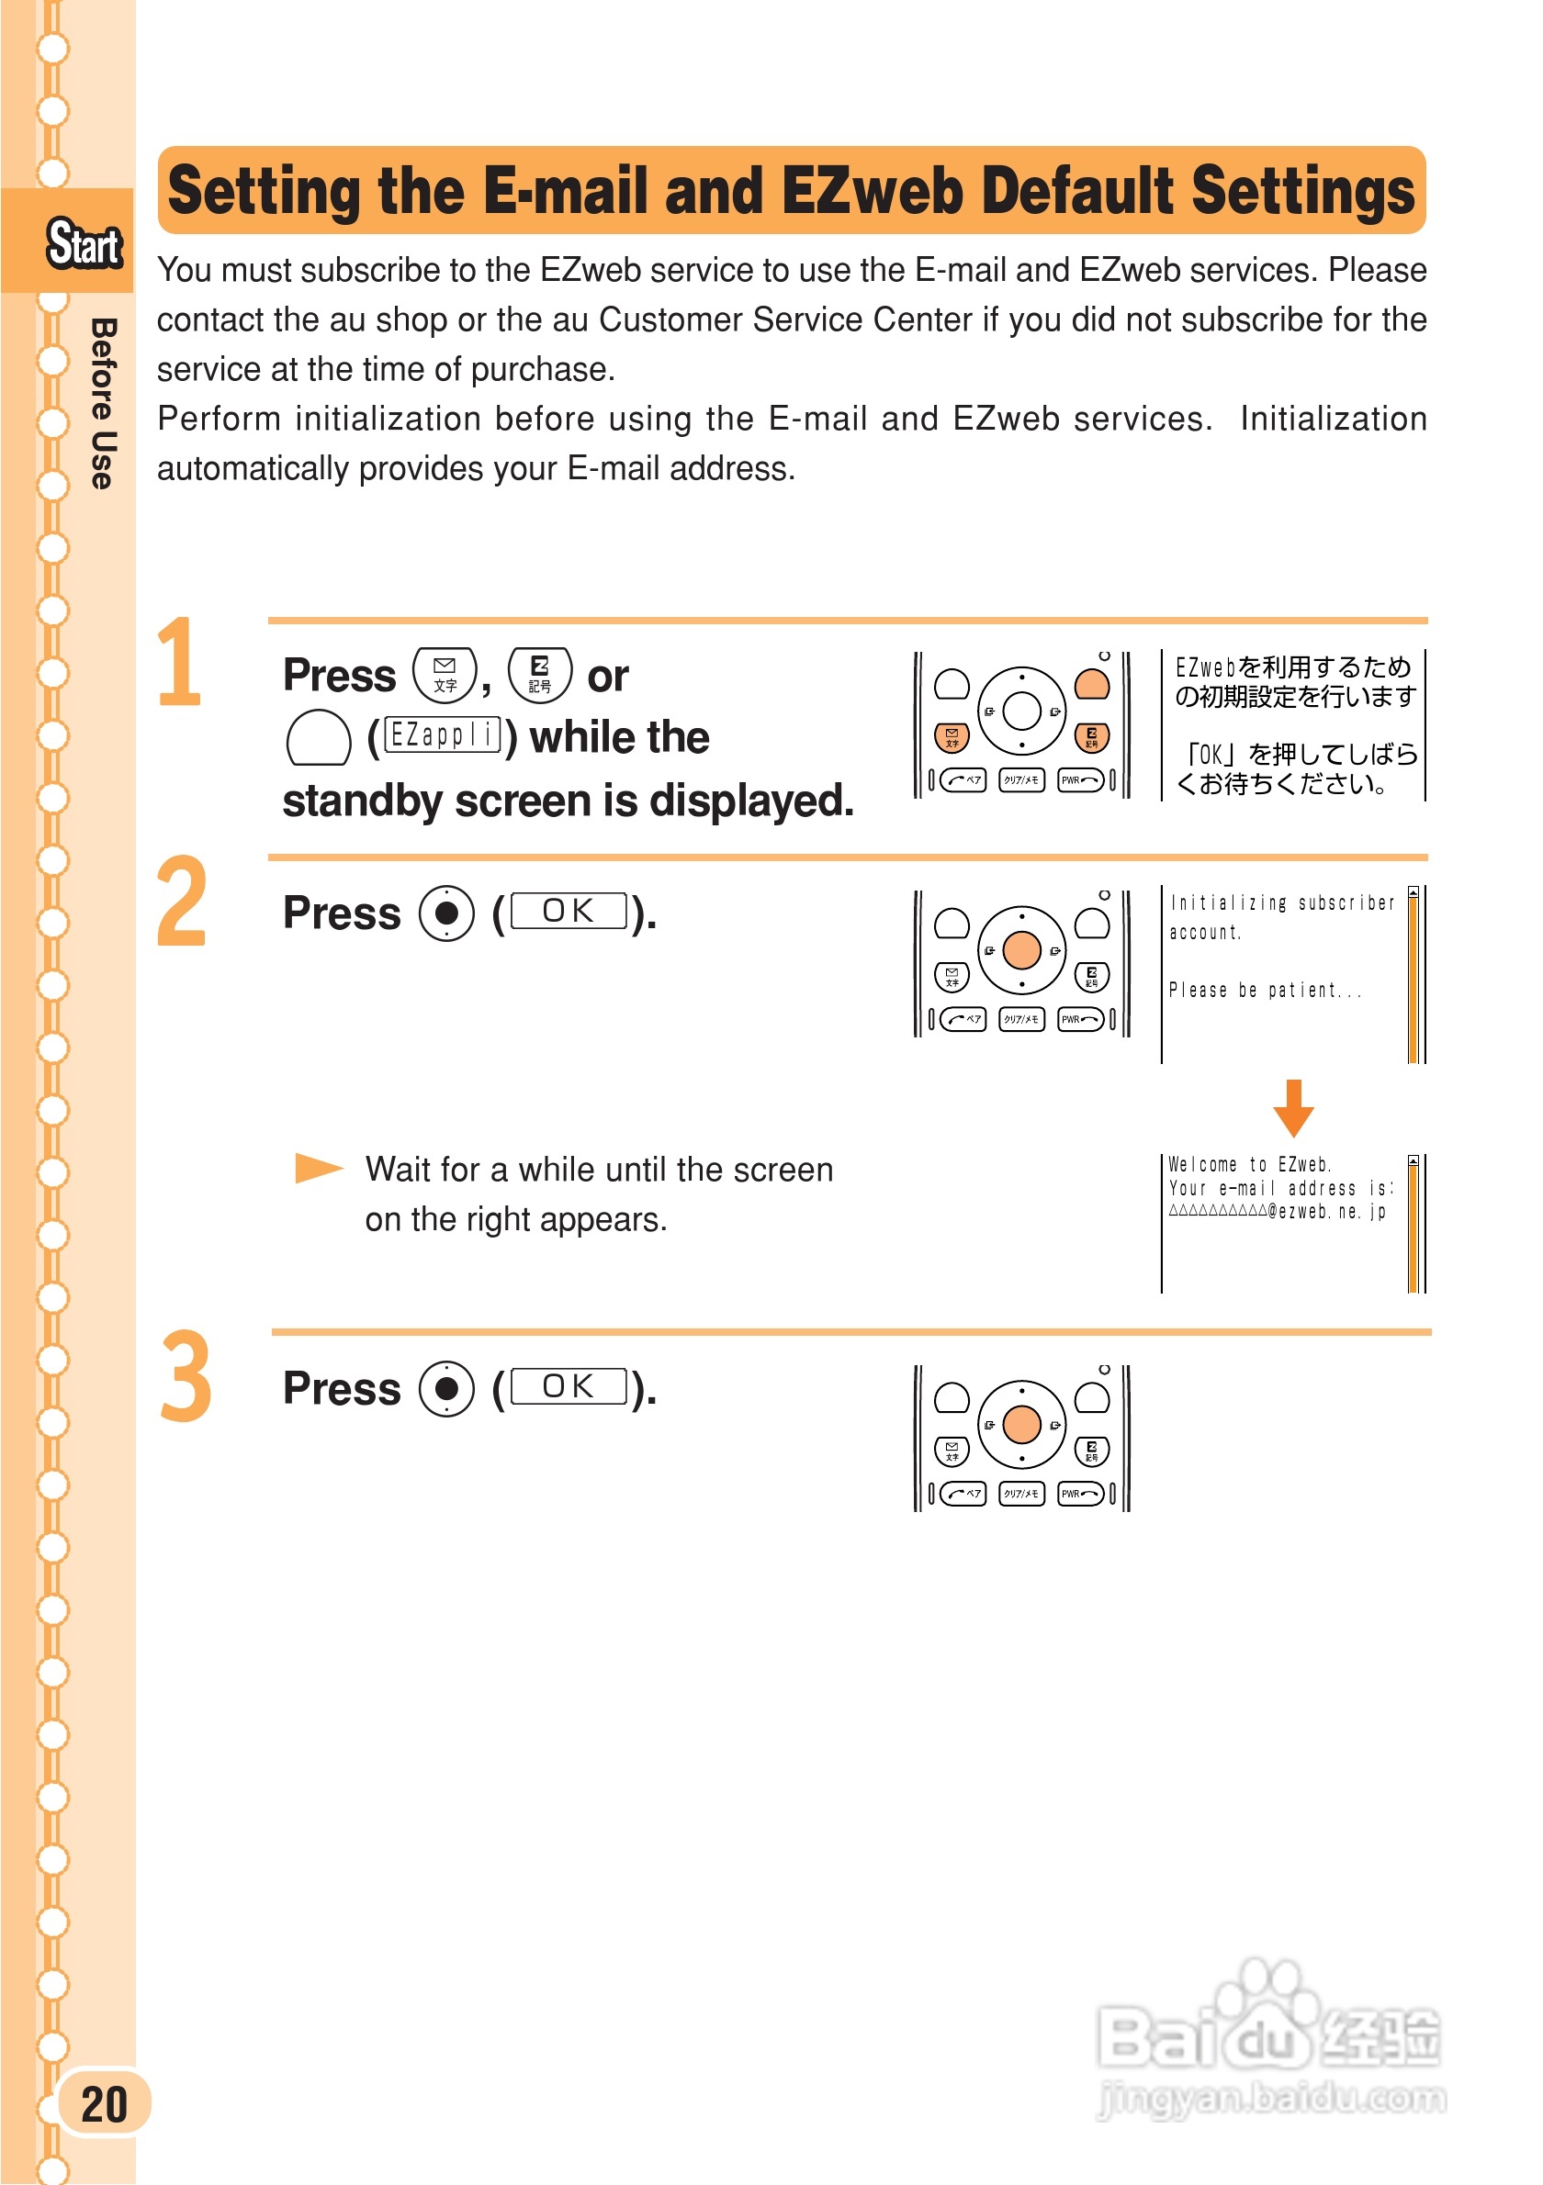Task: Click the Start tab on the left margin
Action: [84, 243]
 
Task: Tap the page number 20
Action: [104, 2104]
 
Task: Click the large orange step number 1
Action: [181, 662]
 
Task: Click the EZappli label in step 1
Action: [443, 735]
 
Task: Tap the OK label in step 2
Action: [569, 911]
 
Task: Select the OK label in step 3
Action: [569, 1386]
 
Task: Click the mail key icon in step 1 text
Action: [445, 675]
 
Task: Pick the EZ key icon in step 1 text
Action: [540, 675]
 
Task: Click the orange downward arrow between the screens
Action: [1292, 1109]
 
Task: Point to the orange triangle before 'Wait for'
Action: [318, 1168]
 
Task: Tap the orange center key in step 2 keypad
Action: [1021, 950]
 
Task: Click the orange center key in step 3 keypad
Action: [1021, 1425]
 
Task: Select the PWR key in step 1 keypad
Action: [1080, 780]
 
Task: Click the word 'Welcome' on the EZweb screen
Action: [1202, 1165]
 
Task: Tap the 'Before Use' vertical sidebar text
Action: [103, 404]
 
